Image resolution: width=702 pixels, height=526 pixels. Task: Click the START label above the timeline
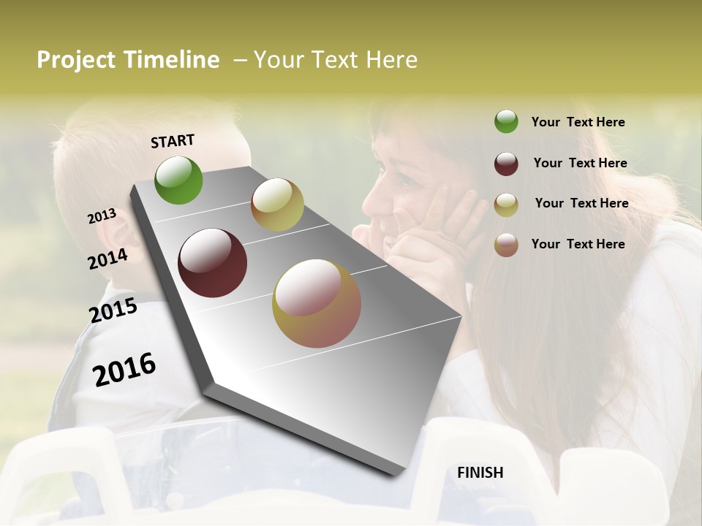coord(173,141)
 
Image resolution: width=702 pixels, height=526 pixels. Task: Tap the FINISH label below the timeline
coord(480,473)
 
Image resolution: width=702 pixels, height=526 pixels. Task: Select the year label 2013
coord(102,216)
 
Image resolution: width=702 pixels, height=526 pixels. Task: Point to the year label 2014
coord(107,259)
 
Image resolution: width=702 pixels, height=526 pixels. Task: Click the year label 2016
coord(124,370)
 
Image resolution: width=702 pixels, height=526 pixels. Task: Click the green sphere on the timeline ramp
coord(178,180)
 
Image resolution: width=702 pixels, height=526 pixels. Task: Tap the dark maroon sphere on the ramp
coord(212,263)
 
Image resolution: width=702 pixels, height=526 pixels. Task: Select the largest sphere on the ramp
coord(316,303)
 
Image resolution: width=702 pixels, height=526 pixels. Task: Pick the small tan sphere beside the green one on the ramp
coord(277,205)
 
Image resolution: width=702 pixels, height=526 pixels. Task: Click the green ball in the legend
coord(506,122)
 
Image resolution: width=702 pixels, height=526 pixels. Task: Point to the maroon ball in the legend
coord(506,164)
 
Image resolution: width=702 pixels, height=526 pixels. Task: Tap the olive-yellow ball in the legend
coord(506,205)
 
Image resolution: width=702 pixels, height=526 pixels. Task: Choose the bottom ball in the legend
coord(506,245)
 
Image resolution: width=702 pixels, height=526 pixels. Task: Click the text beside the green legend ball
coord(578,122)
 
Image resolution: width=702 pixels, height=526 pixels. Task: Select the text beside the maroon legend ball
coord(580,163)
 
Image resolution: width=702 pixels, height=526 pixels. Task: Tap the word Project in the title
coord(77,60)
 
